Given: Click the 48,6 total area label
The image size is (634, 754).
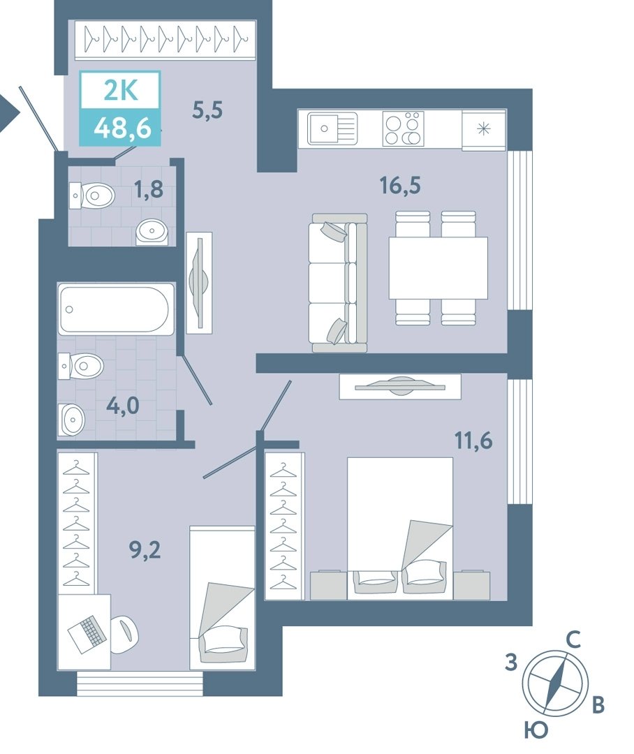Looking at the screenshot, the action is [123, 128].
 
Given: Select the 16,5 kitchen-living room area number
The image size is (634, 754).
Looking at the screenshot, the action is [400, 185].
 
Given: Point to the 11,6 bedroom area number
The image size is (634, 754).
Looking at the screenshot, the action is [474, 440].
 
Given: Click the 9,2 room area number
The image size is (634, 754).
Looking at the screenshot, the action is [145, 549].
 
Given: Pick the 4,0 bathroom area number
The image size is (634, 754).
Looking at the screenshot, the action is [123, 406].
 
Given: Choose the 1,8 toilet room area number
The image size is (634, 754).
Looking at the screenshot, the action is [149, 189].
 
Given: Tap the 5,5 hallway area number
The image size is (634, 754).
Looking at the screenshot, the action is [207, 110].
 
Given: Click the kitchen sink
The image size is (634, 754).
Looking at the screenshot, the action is [332, 128].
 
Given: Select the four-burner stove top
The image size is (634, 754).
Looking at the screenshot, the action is [403, 128].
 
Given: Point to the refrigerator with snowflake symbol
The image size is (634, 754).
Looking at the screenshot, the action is [483, 129].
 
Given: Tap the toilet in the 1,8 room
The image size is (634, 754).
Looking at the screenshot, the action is [92, 195].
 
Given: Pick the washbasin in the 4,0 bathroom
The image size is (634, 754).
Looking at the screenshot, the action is [71, 420].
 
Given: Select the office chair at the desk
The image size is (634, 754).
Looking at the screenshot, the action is [124, 634].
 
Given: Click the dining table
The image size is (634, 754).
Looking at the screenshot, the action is [438, 267].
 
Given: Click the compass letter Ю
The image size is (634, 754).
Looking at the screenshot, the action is [536, 730].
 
